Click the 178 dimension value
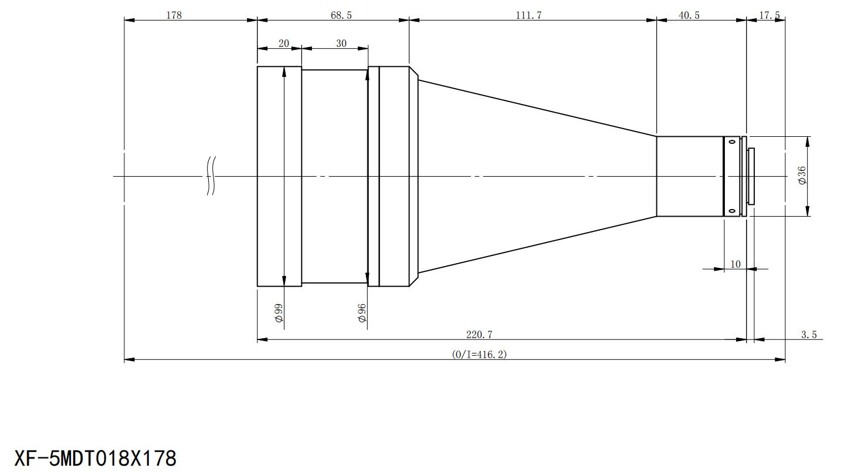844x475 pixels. [174, 15]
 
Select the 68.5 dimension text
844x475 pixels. [341, 15]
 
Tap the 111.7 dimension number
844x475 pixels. [528, 15]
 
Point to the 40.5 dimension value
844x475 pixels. [689, 15]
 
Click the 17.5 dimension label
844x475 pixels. [770, 15]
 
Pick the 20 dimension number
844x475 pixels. [284, 43]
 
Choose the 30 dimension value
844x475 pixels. [341, 43]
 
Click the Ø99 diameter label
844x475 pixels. [279, 313]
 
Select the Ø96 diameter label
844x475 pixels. [362, 313]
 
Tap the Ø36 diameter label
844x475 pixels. [802, 176]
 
